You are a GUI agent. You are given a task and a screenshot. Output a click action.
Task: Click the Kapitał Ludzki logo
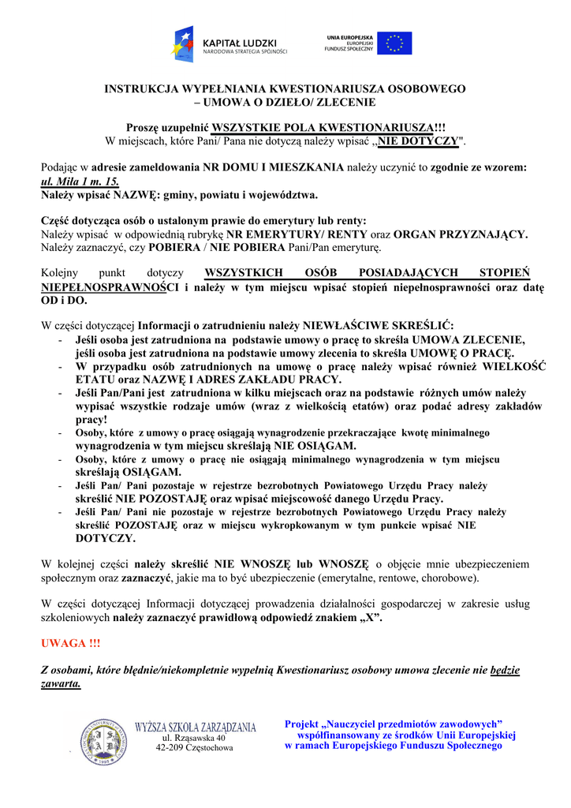pos(230,44)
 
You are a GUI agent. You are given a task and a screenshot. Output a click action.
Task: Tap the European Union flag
pos(394,43)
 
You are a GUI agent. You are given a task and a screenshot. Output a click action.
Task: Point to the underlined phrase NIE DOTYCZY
pos(417,141)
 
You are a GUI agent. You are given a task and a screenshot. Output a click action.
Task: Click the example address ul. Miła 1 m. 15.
pos(80,181)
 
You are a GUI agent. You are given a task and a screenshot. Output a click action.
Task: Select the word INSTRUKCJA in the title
pos(143,89)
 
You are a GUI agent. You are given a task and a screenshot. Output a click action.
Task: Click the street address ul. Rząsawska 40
pos(194,737)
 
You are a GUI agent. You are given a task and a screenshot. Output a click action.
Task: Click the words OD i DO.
pos(64,301)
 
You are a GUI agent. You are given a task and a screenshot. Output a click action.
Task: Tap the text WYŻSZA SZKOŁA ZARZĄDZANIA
pos(196,727)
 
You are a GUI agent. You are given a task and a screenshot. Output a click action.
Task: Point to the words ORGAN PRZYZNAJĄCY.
pos(461,234)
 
